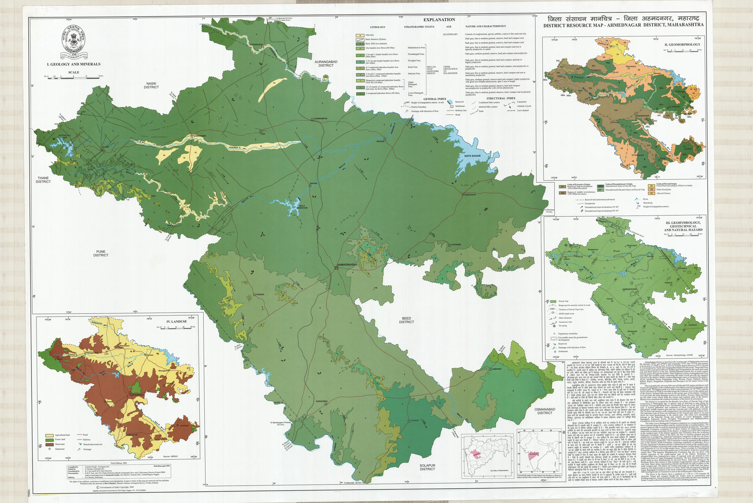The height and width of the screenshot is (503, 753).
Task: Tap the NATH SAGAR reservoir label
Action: pyautogui.click(x=472, y=156)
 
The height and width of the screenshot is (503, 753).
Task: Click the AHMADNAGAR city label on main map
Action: pyautogui.click(x=347, y=265)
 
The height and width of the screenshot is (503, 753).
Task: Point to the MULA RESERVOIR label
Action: pyautogui.click(x=302, y=207)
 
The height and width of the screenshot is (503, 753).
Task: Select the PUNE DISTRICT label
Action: pyautogui.click(x=101, y=253)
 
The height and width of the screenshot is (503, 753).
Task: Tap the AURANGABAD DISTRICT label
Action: pyautogui.click(x=326, y=63)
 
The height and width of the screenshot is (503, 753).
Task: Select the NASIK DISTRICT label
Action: pyautogui.click(x=151, y=85)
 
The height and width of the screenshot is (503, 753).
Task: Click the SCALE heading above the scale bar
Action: pyautogui.click(x=74, y=72)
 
